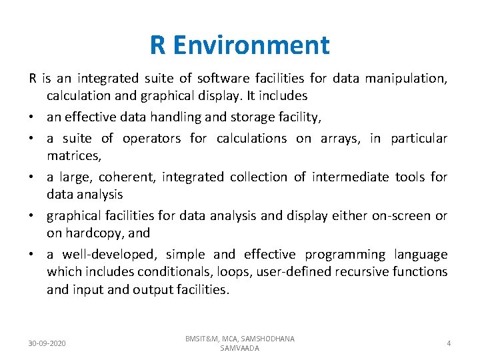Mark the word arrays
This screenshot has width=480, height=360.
tap(339, 139)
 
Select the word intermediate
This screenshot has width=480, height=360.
tap(352, 177)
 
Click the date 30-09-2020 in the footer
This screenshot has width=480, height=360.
tap(47, 343)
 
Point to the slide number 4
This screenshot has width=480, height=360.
tap(449, 343)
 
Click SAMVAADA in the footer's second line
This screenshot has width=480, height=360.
tap(239, 349)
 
